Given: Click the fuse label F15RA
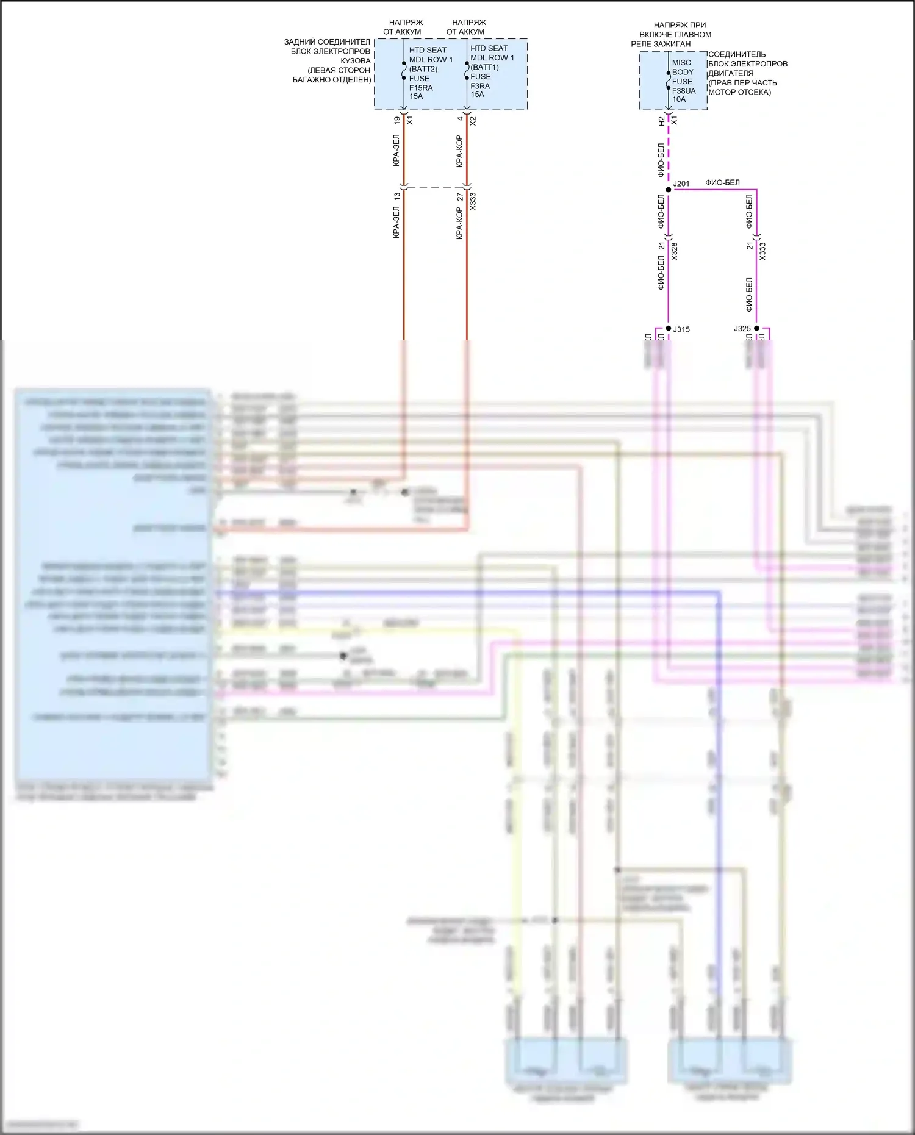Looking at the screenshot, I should tap(421, 88).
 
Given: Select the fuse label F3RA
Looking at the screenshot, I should tap(480, 86).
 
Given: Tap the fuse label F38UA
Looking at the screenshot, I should tap(684, 91).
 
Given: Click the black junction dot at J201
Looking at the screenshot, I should tap(669, 190).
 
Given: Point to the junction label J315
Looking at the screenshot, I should tap(681, 329).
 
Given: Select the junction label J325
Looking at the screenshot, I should tap(742, 329).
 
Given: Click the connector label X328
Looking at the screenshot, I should tap(675, 251).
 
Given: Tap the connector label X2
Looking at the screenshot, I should tap(473, 121).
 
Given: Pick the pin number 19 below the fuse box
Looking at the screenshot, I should tap(397, 121).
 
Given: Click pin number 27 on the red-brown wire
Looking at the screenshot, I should tap(460, 197).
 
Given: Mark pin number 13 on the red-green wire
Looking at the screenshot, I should tap(397, 196).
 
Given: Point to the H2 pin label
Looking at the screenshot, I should tap(662, 121).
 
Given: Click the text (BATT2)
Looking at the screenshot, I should tap(423, 69).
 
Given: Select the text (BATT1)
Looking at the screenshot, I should tap(485, 67).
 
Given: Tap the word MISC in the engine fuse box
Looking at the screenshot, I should tap(681, 63).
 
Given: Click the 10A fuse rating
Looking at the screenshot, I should tap(679, 99).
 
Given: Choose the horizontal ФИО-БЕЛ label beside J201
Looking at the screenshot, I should tap(722, 182).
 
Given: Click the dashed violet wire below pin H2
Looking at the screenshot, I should tap(669, 152).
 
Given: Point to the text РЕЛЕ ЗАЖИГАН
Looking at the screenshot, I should tap(661, 44).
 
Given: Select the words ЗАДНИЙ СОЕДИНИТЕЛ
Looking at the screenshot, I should tap(327, 42).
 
